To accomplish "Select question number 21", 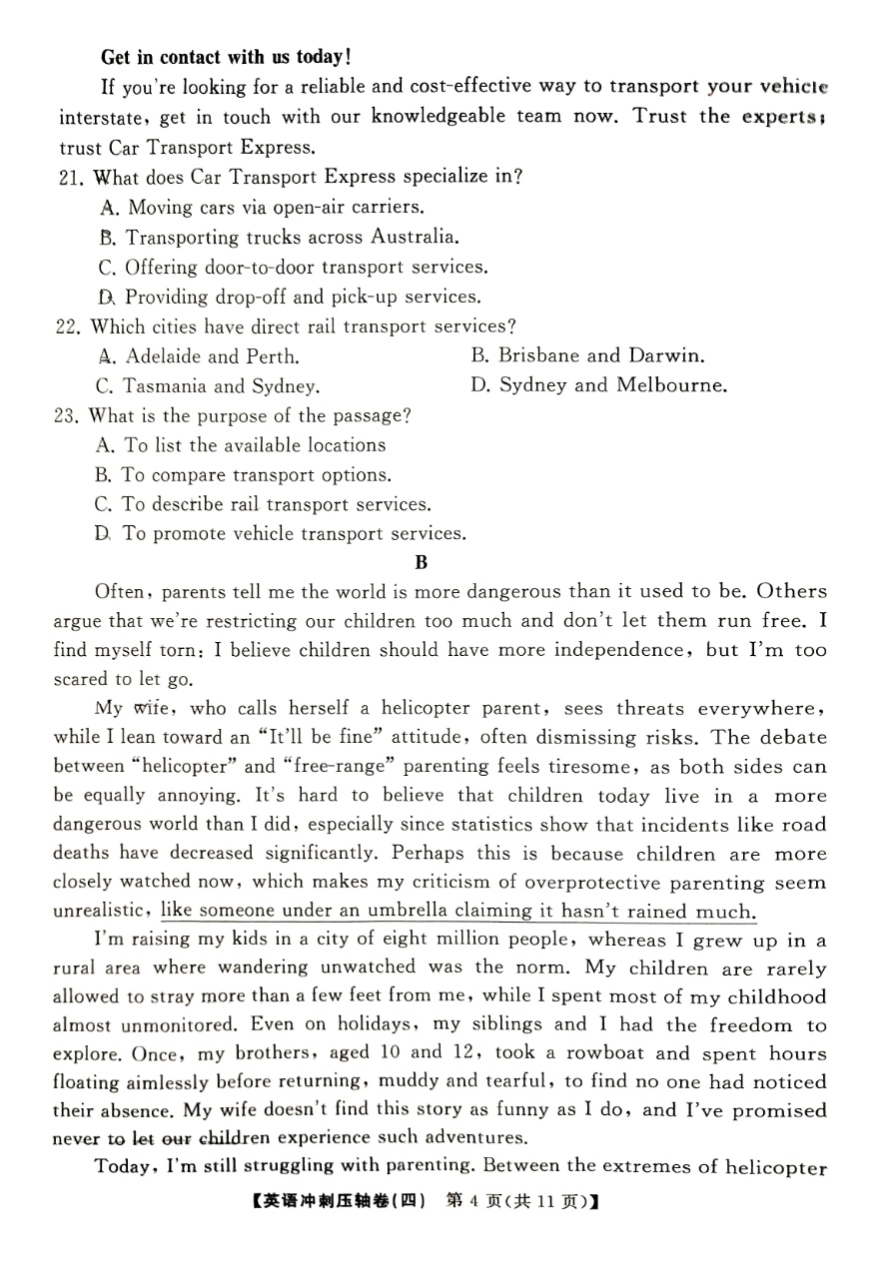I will coord(71,178).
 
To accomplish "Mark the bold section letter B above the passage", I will coord(421,562).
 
